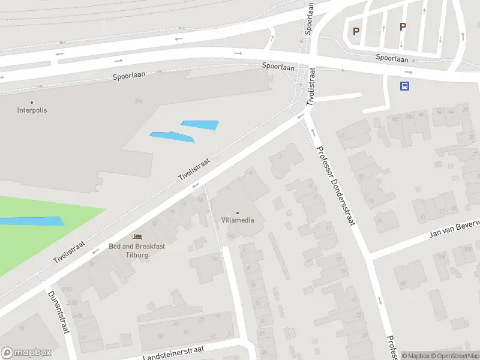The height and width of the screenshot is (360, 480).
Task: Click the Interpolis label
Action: tap(32, 110)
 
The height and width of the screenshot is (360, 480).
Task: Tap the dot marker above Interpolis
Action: tap(32, 103)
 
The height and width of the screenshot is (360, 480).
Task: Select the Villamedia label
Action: tap(237, 220)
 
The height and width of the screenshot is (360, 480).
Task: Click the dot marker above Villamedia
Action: tap(237, 212)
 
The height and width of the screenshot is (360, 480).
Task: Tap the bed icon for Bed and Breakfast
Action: tap(137, 238)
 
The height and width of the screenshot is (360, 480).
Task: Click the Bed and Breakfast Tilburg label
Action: tap(137, 250)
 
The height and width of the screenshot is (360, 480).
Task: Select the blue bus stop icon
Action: tap(405, 86)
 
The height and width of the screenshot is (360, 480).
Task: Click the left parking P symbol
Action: tap(356, 31)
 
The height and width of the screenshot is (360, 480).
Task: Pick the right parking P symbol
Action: tap(403, 26)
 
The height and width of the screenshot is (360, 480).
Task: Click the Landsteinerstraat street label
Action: tap(174, 353)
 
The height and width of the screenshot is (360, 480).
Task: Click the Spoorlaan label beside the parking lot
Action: tap(392, 58)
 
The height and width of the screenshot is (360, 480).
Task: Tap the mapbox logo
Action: tap(26, 353)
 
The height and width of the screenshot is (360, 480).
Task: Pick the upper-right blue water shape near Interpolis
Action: tap(200, 125)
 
